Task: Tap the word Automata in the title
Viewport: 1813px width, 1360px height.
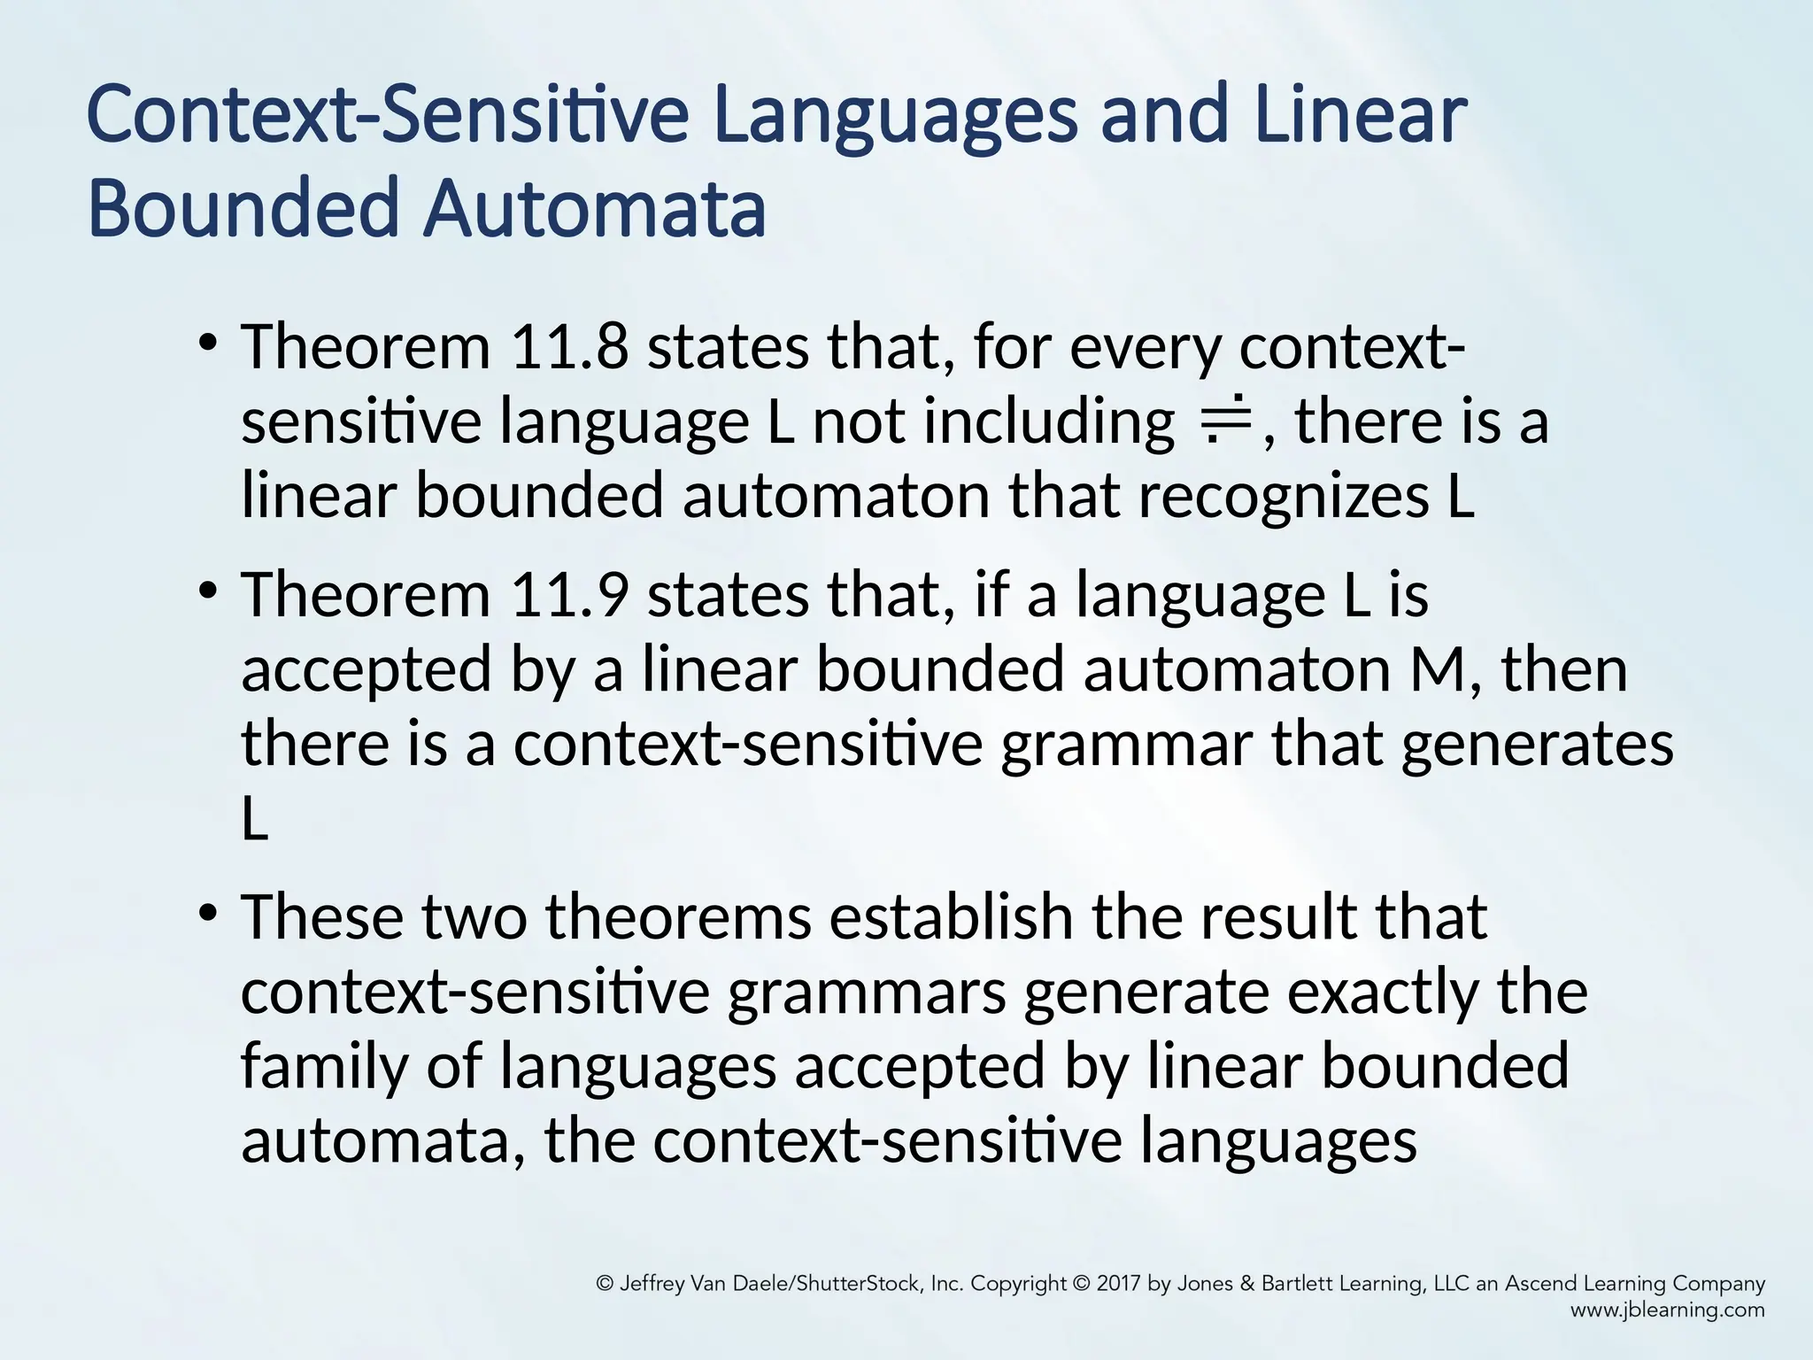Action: point(595,210)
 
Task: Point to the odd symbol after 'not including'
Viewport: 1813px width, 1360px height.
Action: point(1224,420)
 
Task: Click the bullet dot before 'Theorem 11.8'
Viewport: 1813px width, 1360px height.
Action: point(208,342)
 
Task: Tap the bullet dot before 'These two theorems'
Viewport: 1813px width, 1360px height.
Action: point(208,913)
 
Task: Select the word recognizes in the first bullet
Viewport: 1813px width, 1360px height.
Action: point(1283,496)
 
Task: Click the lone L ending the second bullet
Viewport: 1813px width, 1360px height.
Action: point(255,820)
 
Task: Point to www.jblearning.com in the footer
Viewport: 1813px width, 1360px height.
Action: point(1667,1310)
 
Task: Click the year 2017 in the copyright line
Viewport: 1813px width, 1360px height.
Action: point(1119,1284)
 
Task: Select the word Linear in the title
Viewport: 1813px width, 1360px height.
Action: point(1360,116)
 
